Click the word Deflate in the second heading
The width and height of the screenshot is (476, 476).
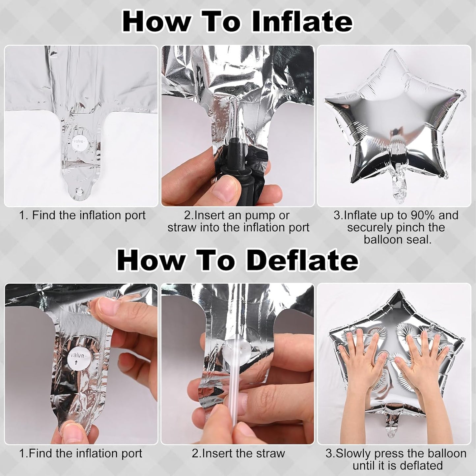tap(302, 260)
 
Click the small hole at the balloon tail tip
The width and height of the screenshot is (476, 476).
tap(79, 191)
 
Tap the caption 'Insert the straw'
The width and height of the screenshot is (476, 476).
tap(238, 453)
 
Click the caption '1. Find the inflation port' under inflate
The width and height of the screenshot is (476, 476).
tap(82, 215)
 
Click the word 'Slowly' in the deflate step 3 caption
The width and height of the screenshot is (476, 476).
tap(354, 453)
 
